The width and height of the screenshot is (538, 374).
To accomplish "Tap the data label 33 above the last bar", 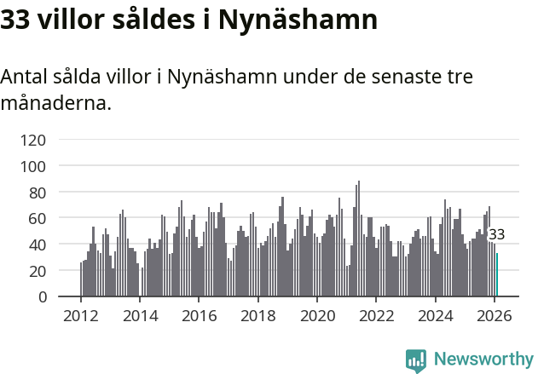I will pos(496,234).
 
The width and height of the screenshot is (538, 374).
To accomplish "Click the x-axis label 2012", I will pos(82,316).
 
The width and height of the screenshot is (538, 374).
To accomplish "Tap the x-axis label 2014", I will pos(141,316).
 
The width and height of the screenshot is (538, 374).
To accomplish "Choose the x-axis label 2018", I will pos(258,316).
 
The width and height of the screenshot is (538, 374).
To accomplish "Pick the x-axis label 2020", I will pos(317,316).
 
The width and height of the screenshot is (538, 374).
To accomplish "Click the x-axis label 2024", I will pos(436,316).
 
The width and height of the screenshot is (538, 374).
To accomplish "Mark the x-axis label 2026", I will pos(495,316).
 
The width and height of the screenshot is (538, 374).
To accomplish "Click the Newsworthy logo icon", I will pos(416,360).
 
